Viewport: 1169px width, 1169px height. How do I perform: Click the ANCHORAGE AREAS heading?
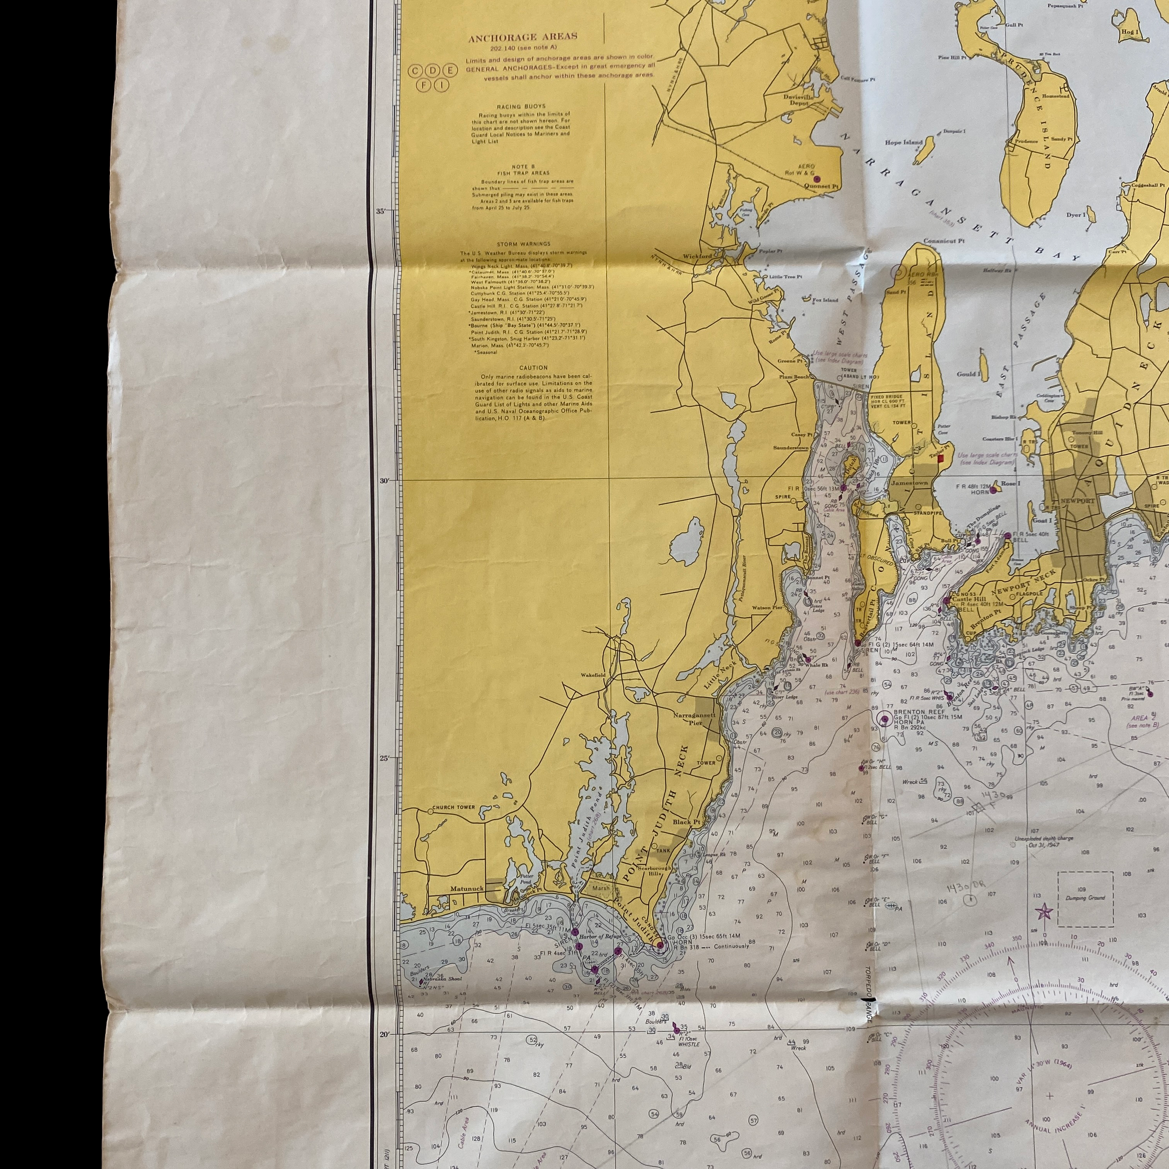pos(522,37)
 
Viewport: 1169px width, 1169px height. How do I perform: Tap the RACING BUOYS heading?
pos(521,107)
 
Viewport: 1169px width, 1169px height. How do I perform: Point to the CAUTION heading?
pos(533,367)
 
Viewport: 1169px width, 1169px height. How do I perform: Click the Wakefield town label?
pos(592,675)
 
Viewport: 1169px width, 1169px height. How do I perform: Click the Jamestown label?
pos(909,483)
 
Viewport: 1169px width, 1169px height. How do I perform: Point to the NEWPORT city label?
pos(1077,501)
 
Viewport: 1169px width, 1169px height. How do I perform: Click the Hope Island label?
pos(904,143)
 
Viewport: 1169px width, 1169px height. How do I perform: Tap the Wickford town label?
pos(697,256)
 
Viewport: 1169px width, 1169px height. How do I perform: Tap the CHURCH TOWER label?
pos(453,807)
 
